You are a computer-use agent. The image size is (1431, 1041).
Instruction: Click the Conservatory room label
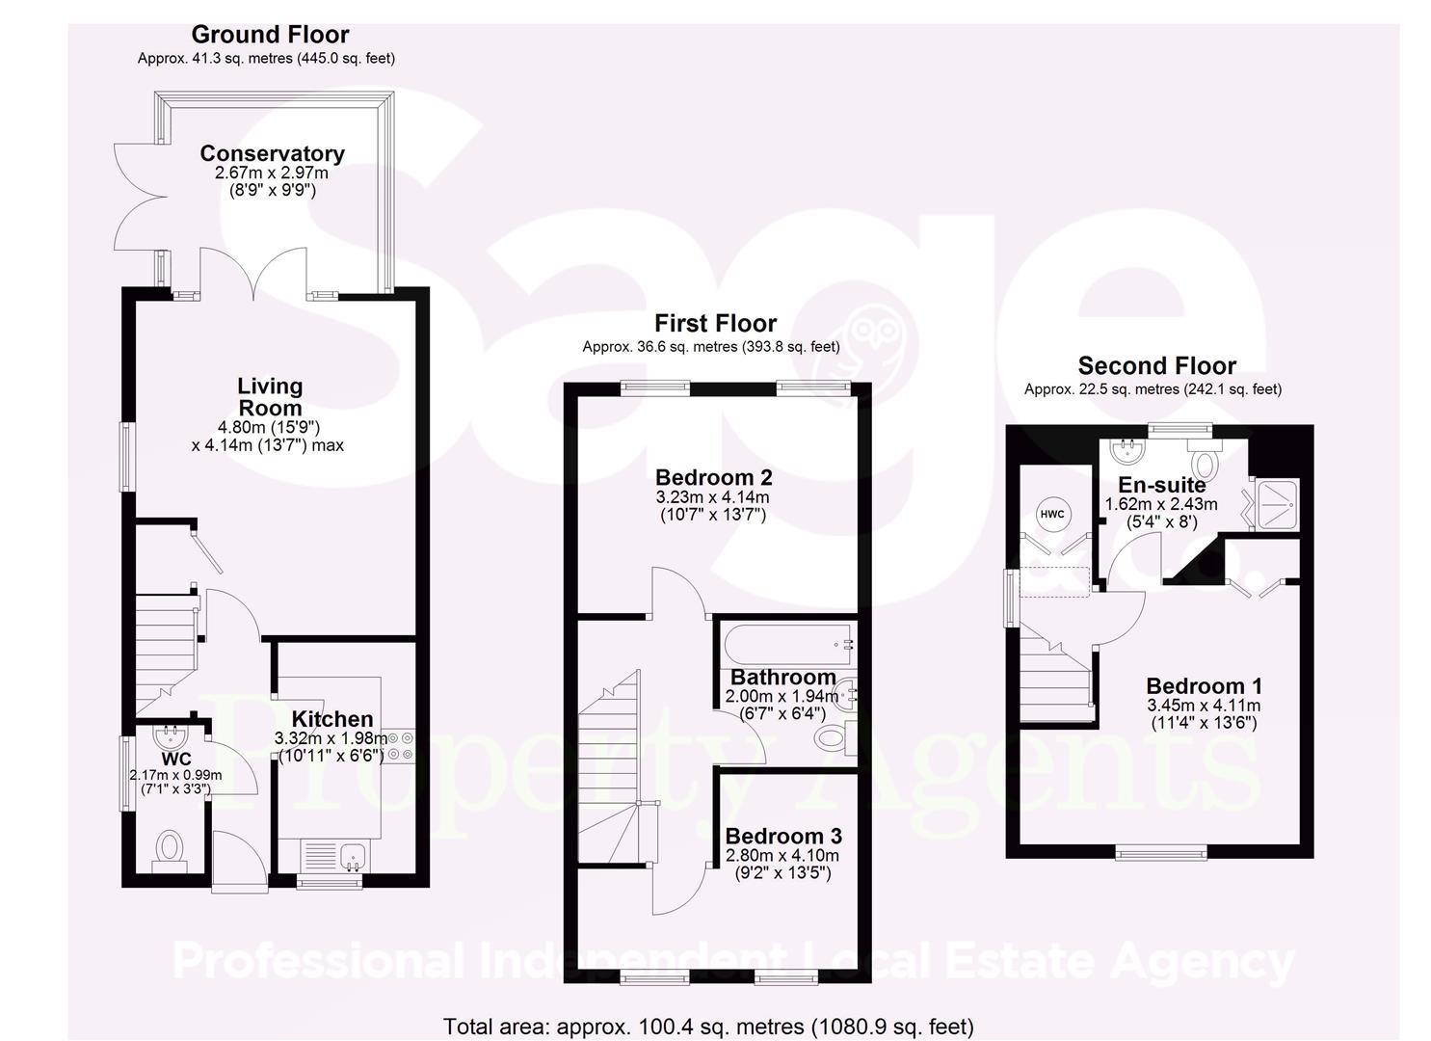tap(272, 153)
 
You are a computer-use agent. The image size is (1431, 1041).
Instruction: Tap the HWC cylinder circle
tap(1052, 514)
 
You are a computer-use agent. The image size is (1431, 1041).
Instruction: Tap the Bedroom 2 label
tap(713, 477)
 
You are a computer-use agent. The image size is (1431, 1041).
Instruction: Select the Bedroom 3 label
tap(782, 836)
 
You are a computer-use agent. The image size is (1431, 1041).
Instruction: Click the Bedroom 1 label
tap(1204, 686)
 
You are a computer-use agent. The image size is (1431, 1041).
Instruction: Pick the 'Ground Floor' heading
tap(270, 35)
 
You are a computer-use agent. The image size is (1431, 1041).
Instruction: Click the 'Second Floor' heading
tap(1156, 366)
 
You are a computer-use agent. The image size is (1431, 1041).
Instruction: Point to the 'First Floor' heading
tap(715, 323)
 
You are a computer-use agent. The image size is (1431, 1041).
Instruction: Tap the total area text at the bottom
tap(708, 1027)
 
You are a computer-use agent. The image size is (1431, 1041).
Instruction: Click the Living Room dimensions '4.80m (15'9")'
tap(269, 427)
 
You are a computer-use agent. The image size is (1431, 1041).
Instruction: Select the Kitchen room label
tap(332, 719)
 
